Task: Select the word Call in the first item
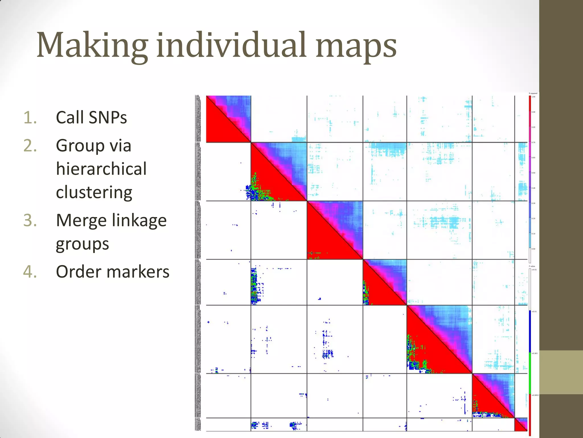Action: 70,117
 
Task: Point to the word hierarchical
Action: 101,169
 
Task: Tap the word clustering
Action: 94,192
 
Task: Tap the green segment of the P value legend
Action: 530,374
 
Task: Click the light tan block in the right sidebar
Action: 561,372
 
